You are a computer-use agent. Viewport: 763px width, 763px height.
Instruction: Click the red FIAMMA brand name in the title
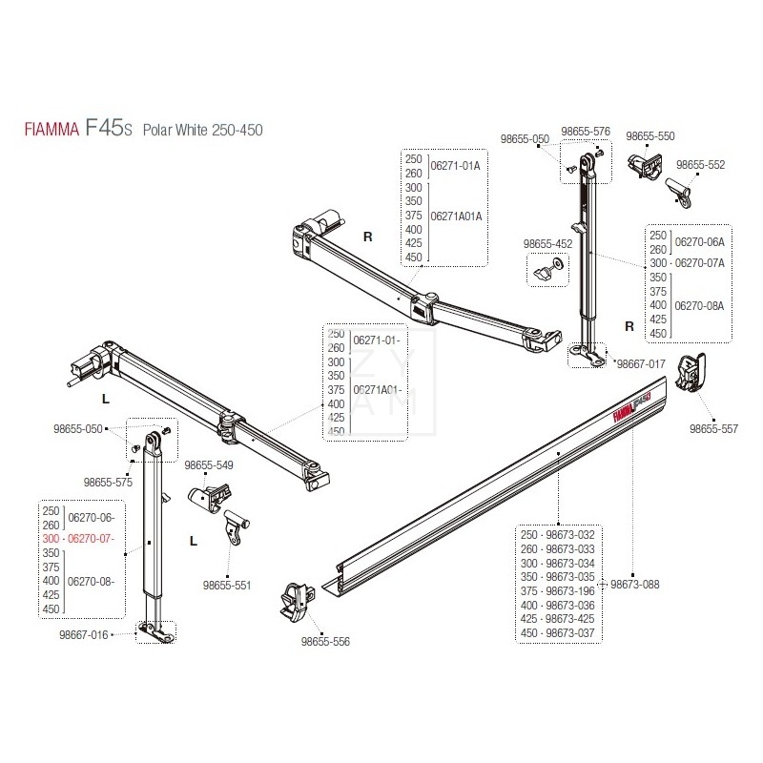pos(51,130)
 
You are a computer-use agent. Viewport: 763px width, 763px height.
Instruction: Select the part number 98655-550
pos(650,136)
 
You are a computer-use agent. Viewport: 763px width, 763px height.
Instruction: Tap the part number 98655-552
pos(701,164)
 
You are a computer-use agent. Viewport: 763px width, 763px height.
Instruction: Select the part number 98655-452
pos(548,244)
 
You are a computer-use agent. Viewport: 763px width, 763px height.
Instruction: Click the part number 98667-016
pos(85,633)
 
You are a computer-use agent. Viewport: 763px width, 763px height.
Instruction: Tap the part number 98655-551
pos(227,585)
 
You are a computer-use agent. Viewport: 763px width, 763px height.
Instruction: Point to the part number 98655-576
pos(586,132)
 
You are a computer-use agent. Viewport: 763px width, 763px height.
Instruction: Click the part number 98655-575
pos(108,483)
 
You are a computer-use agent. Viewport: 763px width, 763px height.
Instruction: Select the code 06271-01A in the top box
pos(457,165)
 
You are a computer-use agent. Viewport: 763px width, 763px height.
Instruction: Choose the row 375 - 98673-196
pos(556,590)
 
